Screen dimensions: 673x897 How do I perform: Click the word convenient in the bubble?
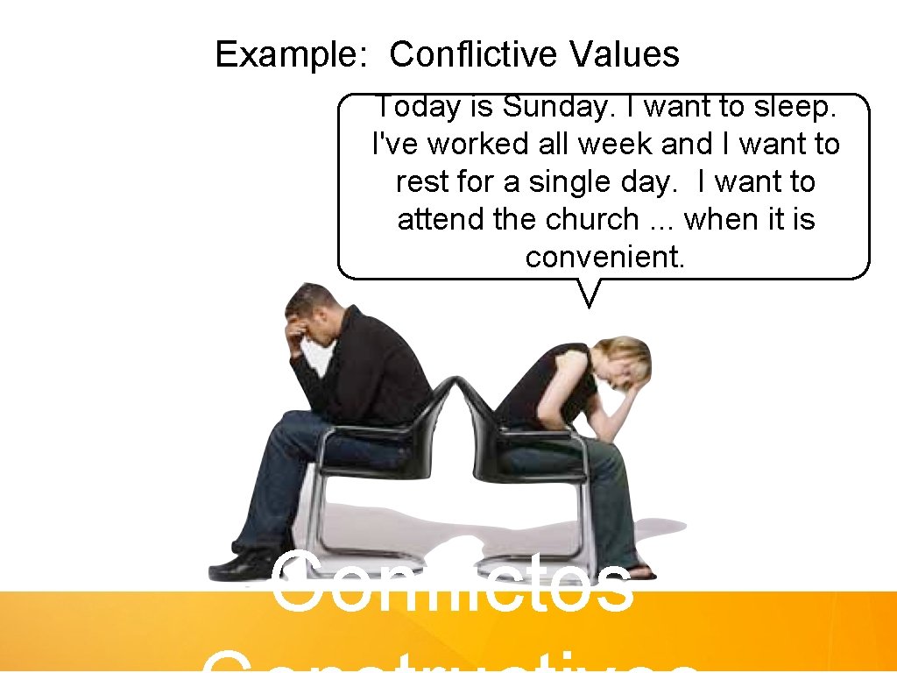click(605, 257)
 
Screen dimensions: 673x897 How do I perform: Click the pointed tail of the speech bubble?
click(590, 294)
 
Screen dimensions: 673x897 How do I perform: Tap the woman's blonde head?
click(629, 359)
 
